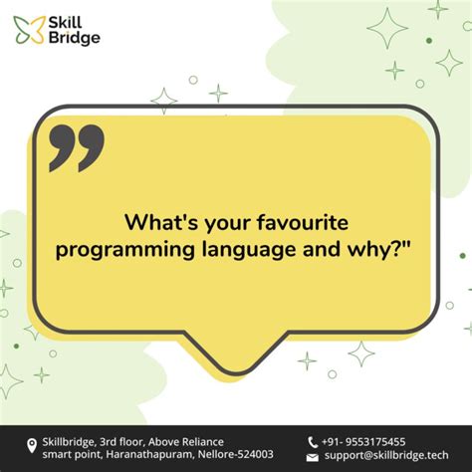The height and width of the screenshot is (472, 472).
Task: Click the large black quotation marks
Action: click(x=76, y=148)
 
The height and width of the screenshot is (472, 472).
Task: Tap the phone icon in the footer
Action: click(x=313, y=441)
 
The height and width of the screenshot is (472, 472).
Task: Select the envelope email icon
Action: click(x=313, y=456)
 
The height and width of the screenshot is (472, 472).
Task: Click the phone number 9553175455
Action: click(x=372, y=441)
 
